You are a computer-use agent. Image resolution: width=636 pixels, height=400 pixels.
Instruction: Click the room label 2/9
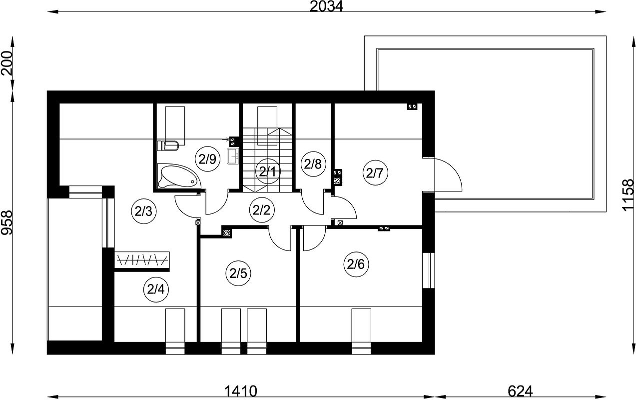[208, 159]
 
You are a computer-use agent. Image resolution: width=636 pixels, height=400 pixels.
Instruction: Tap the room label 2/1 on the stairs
[267, 171]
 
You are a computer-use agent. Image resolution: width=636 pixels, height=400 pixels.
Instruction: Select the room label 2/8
[313, 164]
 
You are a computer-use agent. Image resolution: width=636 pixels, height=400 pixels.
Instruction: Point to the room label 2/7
[375, 172]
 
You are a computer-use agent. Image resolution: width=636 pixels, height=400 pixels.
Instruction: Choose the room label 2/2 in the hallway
[261, 210]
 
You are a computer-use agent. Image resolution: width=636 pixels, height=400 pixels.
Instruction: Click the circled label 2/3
[144, 211]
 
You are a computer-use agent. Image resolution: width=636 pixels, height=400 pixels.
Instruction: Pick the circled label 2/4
[156, 290]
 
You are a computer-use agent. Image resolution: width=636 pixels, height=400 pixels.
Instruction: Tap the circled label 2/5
[238, 273]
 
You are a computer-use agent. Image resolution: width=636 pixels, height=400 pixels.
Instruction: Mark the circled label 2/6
[356, 264]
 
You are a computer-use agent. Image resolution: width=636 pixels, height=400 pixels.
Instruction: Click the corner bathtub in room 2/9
[177, 176]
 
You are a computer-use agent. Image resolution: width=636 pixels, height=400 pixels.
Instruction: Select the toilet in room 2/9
[168, 146]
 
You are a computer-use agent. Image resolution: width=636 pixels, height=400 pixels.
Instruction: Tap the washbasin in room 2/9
[233, 155]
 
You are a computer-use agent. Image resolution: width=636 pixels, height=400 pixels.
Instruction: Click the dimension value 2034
[326, 6]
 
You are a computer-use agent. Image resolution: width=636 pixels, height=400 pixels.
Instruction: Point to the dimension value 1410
[241, 391]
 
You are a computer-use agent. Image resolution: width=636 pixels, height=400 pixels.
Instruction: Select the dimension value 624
[520, 391]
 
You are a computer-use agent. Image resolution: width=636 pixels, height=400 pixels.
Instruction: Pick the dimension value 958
[7, 222]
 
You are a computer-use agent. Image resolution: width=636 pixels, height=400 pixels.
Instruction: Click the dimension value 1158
[628, 195]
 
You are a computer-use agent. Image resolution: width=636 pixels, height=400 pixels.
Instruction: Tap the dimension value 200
[7, 63]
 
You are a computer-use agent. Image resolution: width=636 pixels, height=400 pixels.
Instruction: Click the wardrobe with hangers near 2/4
[142, 259]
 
